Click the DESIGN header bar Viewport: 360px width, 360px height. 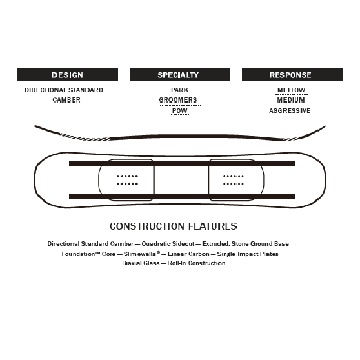68,74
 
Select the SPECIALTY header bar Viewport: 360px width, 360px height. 180,74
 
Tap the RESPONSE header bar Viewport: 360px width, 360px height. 292,74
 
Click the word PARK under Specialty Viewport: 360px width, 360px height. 180,90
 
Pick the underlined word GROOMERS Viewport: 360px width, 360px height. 178,100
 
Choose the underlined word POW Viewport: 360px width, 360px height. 180,111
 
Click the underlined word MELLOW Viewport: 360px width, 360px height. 291,90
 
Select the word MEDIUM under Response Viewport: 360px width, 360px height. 291,100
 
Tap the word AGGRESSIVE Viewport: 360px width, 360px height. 290,111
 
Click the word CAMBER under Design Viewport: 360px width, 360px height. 66,100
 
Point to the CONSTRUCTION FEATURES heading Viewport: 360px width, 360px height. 174,226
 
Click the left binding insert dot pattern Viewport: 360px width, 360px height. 128,180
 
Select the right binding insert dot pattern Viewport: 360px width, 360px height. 234,180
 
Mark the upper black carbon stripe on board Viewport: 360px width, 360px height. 182,163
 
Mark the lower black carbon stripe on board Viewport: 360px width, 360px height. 182,197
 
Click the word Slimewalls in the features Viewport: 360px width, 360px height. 140,254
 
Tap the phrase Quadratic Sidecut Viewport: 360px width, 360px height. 168,244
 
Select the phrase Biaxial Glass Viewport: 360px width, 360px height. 141,263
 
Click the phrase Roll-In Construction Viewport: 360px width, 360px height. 196,263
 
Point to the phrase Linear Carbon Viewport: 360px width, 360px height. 188,254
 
